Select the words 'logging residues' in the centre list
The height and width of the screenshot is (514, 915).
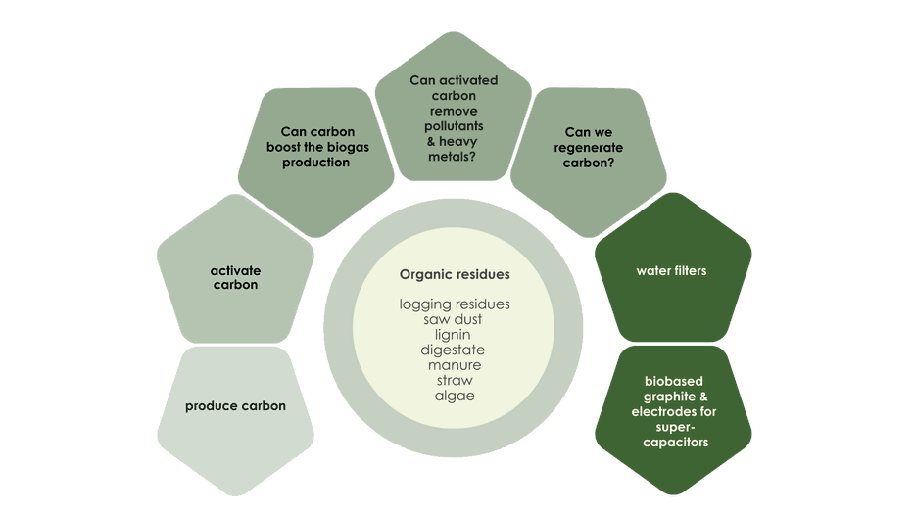(x=455, y=304)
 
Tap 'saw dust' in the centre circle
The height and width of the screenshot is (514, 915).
(x=454, y=319)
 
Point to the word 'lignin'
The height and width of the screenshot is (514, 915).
(x=454, y=335)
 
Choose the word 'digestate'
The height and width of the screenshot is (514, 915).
(x=454, y=350)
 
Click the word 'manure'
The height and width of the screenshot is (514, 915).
(x=454, y=365)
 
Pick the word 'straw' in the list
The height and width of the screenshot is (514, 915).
(x=454, y=380)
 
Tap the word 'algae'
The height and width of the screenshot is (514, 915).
(x=454, y=396)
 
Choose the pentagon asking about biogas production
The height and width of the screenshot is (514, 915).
(x=315, y=157)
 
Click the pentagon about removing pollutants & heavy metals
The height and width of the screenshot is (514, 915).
(x=453, y=113)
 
